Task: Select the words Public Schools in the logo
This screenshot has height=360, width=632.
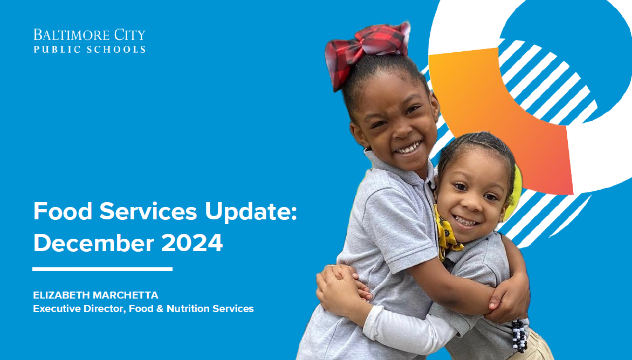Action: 90,49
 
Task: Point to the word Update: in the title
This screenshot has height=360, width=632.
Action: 254,212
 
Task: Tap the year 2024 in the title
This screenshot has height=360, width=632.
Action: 193,243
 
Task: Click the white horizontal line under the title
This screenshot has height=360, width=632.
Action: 102,269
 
